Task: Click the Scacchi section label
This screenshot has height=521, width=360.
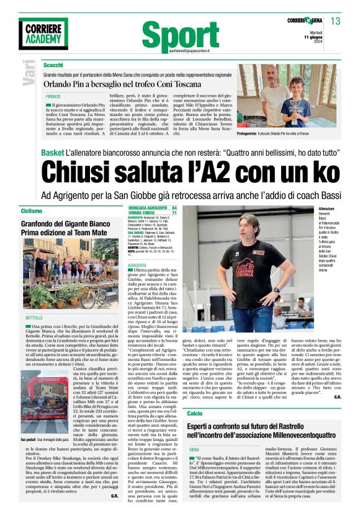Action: coord(53,65)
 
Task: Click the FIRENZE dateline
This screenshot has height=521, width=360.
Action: coord(53,97)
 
